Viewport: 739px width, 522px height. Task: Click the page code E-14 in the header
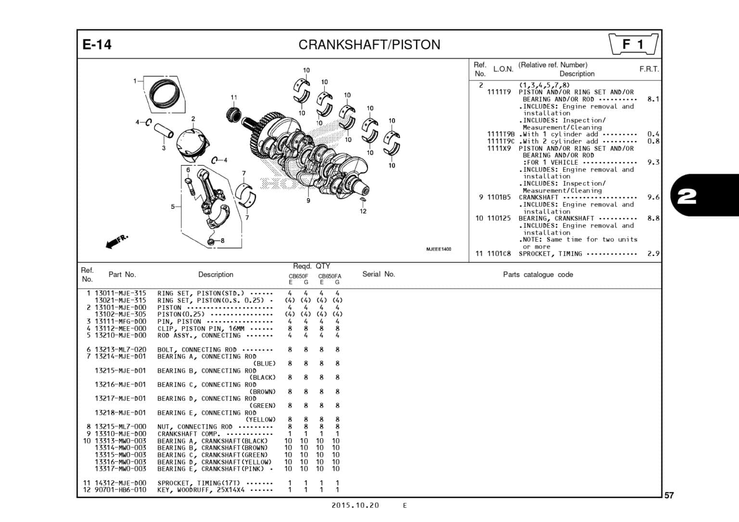[x=97, y=45]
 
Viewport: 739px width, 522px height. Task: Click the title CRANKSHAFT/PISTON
[x=369, y=45]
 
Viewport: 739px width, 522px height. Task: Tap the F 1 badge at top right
[x=633, y=45]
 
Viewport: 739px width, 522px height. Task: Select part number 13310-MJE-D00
[x=120, y=434]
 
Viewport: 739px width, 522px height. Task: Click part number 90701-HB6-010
[x=120, y=490]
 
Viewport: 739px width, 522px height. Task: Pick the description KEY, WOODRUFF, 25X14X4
[x=201, y=490]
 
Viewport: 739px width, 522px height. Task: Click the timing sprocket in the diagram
[x=234, y=115]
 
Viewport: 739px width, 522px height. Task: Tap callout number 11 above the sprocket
[x=234, y=98]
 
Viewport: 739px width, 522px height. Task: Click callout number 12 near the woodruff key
[x=363, y=211]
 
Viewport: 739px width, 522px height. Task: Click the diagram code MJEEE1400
[x=438, y=249]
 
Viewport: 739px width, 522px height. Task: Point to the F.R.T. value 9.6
[x=653, y=197]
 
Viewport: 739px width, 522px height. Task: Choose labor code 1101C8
[x=499, y=254]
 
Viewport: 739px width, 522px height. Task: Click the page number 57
[x=669, y=496]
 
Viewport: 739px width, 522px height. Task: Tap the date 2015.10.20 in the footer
[x=355, y=505]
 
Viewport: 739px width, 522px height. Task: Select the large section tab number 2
[x=687, y=196]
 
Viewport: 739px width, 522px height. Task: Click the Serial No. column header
[x=378, y=274]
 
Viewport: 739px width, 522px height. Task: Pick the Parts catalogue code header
[x=537, y=275]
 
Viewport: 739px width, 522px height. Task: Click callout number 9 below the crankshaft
[x=308, y=201]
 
